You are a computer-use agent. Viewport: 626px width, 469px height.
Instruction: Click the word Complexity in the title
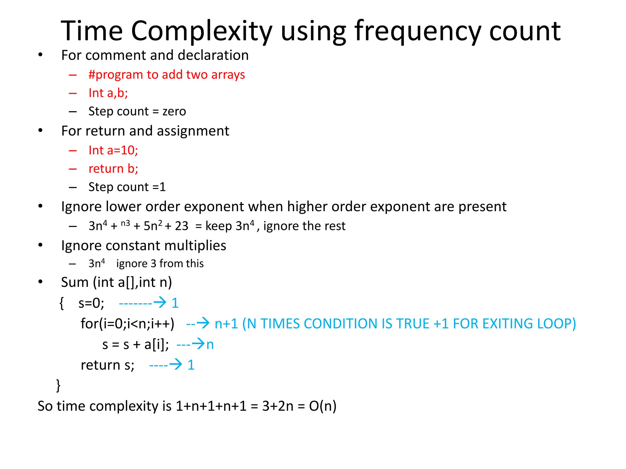click(x=201, y=31)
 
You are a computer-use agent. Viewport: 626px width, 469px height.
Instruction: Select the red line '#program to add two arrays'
click(x=167, y=75)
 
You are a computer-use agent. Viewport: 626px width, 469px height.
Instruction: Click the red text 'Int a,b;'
click(x=108, y=93)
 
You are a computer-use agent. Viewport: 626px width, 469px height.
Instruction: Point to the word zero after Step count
click(x=174, y=111)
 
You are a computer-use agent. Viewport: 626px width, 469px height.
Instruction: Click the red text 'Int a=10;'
click(x=113, y=150)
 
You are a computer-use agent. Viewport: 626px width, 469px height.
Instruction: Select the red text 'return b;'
click(x=113, y=169)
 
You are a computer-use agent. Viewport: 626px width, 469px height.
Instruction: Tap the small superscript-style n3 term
click(x=125, y=224)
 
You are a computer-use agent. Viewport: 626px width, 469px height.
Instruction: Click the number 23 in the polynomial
click(x=182, y=226)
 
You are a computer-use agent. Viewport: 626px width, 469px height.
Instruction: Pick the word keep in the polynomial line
click(x=219, y=226)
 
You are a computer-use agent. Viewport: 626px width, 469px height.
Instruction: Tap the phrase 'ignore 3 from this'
click(x=160, y=264)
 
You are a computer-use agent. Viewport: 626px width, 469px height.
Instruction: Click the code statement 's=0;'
click(x=91, y=303)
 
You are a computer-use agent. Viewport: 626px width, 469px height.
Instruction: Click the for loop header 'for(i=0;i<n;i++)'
click(x=127, y=324)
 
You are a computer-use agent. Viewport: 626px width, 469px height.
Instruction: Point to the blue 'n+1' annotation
click(x=226, y=324)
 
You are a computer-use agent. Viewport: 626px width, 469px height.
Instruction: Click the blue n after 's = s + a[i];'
click(x=210, y=345)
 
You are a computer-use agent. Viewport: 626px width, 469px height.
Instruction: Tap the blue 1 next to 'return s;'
click(x=191, y=365)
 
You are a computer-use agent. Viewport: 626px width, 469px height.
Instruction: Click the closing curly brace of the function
click(x=58, y=386)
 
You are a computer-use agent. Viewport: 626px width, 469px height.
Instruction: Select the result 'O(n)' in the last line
click(x=322, y=406)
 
